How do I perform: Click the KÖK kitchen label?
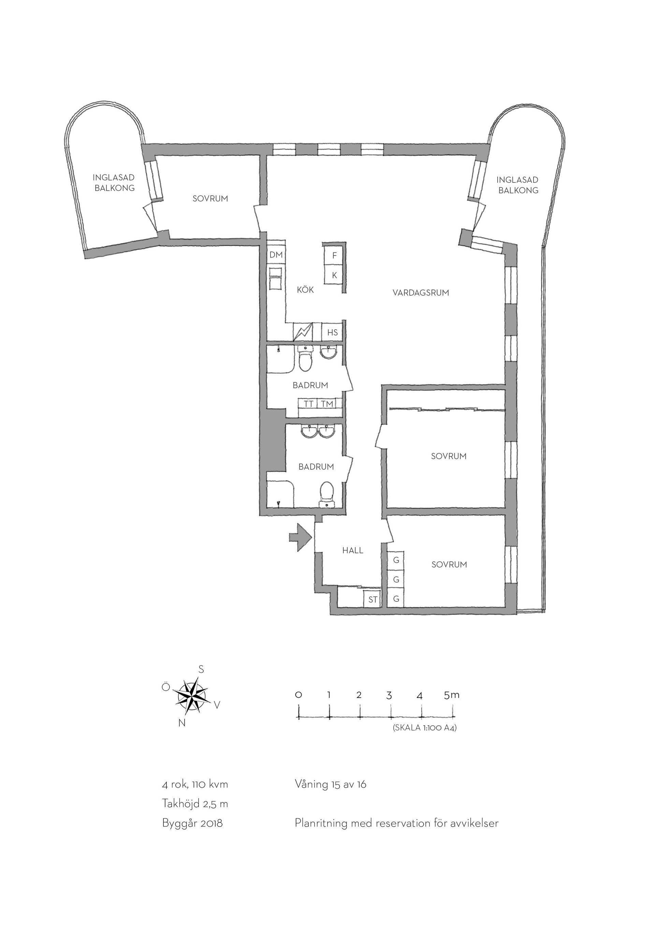pyautogui.click(x=305, y=290)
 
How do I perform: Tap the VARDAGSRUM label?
pyautogui.click(x=421, y=293)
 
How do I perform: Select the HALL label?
pyautogui.click(x=352, y=550)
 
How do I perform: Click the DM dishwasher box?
pyautogui.click(x=276, y=255)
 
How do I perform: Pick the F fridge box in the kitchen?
pyautogui.click(x=334, y=256)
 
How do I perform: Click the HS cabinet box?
pyautogui.click(x=332, y=333)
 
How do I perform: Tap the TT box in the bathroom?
pyautogui.click(x=308, y=403)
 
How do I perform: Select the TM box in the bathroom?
pyautogui.click(x=327, y=403)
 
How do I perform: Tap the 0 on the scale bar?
pyautogui.click(x=299, y=695)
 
